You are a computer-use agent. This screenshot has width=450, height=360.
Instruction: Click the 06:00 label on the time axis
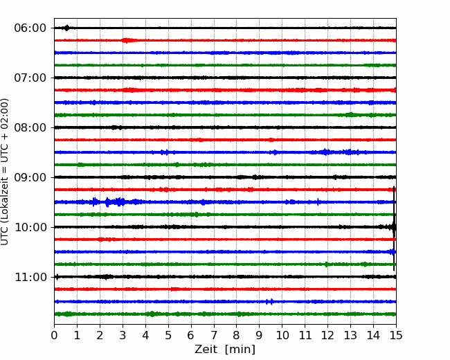click(30, 28)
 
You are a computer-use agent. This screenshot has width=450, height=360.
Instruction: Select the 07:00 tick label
click(30, 78)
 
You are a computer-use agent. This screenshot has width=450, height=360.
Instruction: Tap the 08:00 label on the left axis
click(30, 127)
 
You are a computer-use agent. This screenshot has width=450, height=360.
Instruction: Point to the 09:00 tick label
click(30, 177)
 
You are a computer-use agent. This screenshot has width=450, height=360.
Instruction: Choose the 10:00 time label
click(30, 227)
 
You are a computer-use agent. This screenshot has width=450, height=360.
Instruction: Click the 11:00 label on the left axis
click(30, 277)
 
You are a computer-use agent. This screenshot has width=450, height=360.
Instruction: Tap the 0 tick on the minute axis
click(54, 335)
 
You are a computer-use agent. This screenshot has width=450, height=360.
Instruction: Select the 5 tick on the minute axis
click(168, 335)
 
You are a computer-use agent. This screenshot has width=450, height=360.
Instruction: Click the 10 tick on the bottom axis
click(282, 335)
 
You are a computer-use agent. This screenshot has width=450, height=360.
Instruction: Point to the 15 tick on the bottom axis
click(396, 335)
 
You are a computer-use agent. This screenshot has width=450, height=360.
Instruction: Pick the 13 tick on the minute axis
click(350, 335)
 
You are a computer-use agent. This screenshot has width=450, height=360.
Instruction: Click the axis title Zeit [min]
click(225, 349)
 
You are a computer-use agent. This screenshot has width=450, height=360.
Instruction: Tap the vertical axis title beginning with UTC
click(5, 172)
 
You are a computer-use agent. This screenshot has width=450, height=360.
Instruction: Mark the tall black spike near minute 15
click(394, 228)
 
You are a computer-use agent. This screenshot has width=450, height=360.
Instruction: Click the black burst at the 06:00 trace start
click(67, 28)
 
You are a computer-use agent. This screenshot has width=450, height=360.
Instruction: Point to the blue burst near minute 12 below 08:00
click(325, 152)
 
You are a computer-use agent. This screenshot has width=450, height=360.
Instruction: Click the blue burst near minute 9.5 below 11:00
click(270, 301)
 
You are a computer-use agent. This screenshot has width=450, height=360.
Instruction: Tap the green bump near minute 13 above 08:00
click(350, 115)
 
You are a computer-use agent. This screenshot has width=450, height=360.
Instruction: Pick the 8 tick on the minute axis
click(237, 335)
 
